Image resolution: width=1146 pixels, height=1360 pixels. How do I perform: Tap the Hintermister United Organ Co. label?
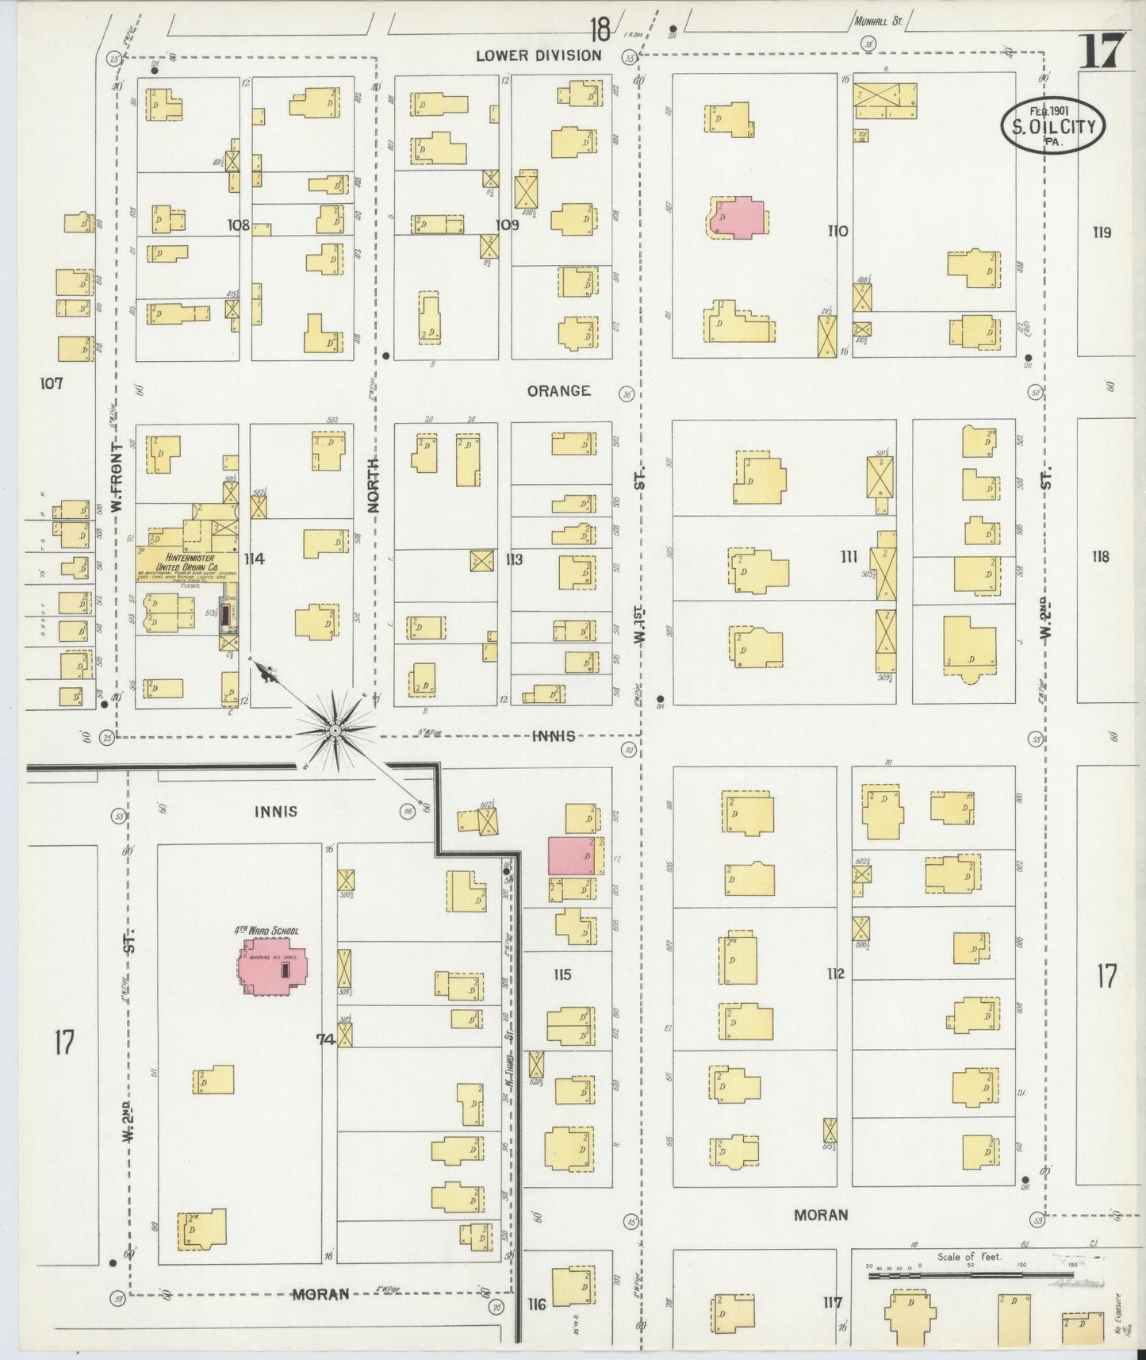pyautogui.click(x=186, y=563)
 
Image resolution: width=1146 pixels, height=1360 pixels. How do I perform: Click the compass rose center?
pyautogui.click(x=335, y=730)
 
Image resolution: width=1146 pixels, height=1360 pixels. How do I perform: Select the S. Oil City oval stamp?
pyautogui.click(x=1052, y=125)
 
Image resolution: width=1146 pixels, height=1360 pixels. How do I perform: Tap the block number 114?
pyautogui.click(x=254, y=559)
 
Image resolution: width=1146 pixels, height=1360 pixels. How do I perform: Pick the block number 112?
pyautogui.click(x=834, y=974)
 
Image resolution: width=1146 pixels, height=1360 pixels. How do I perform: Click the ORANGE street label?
pyautogui.click(x=558, y=390)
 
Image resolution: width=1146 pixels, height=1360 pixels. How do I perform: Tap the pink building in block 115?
pyautogui.click(x=571, y=855)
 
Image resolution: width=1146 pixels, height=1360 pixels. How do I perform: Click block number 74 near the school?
pyautogui.click(x=325, y=1039)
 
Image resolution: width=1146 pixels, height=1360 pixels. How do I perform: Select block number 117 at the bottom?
pyautogui.click(x=832, y=1302)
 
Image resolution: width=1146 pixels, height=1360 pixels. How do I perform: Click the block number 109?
pyautogui.click(x=507, y=225)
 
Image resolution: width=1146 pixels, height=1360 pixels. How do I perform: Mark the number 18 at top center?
pyautogui.click(x=600, y=30)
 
